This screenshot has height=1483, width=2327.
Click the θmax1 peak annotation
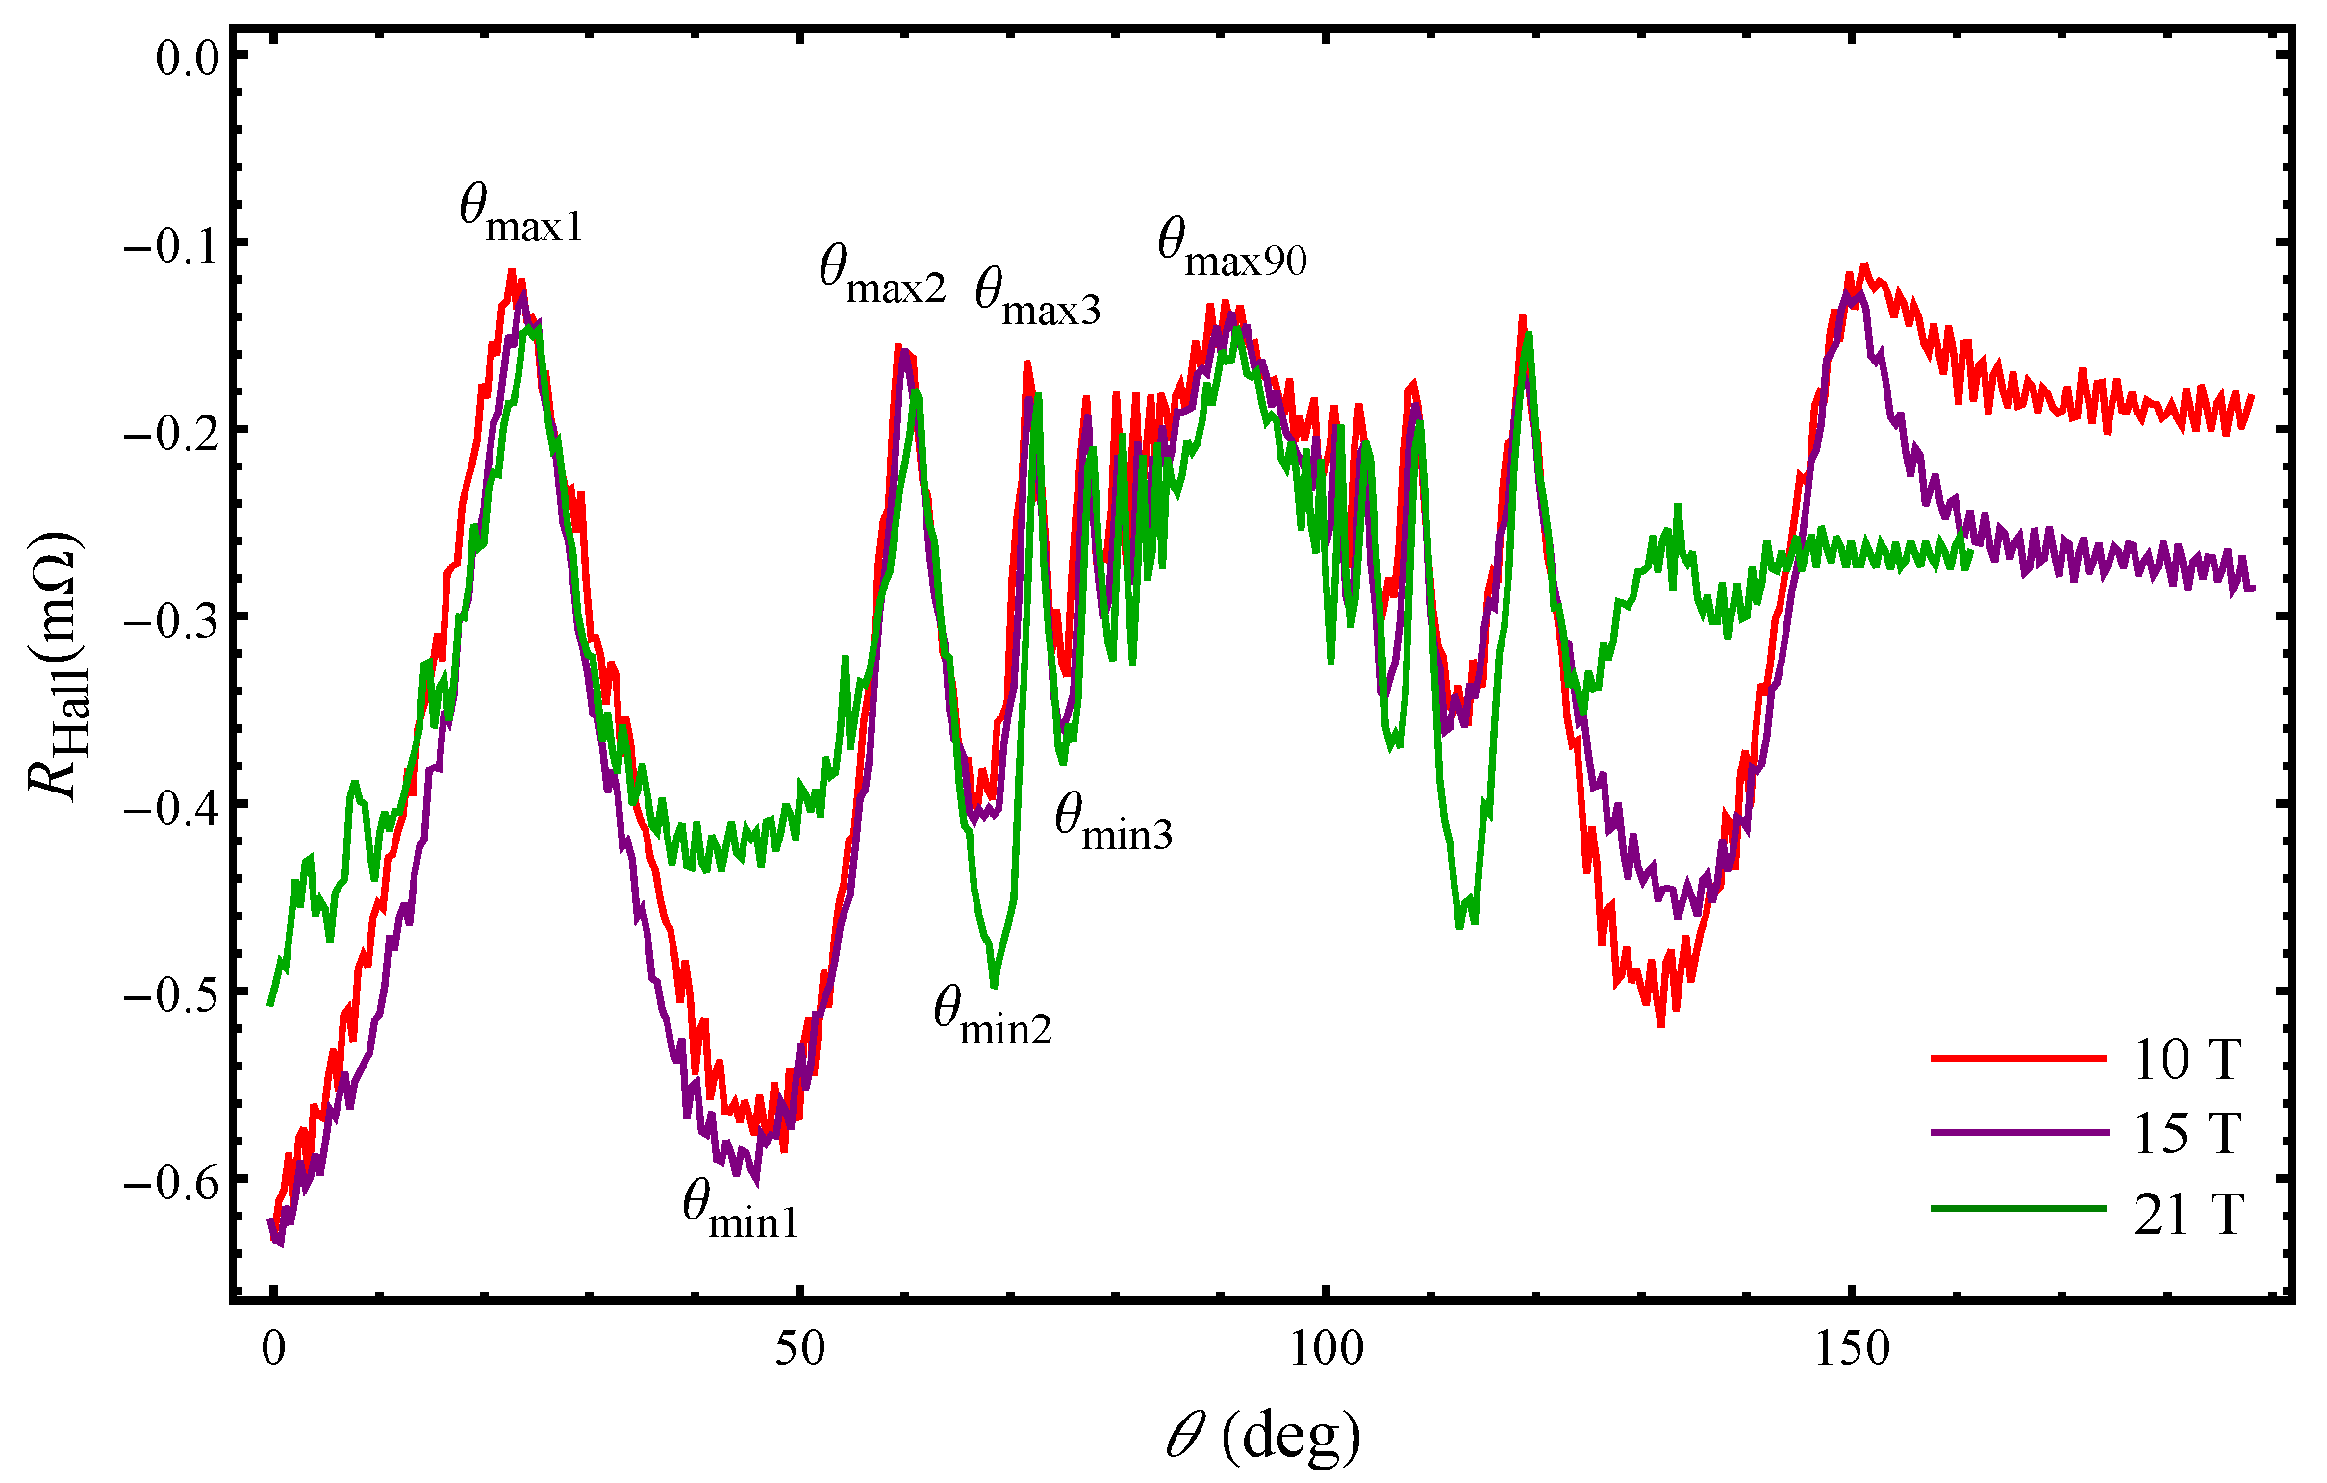click(520, 214)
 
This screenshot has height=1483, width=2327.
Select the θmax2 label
click(881, 276)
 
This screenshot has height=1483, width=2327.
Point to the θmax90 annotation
click(1232, 249)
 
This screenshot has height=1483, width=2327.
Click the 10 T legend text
click(2187, 1059)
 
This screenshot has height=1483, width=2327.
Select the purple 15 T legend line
click(2019, 1132)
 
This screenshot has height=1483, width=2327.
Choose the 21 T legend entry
click(2187, 1214)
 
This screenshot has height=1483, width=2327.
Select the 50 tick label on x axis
click(800, 1347)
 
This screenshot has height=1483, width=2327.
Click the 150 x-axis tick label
click(1852, 1347)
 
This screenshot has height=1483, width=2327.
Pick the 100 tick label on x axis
click(1326, 1347)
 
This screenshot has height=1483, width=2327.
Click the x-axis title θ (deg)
click(1262, 1438)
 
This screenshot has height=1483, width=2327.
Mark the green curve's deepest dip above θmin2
click(995, 985)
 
